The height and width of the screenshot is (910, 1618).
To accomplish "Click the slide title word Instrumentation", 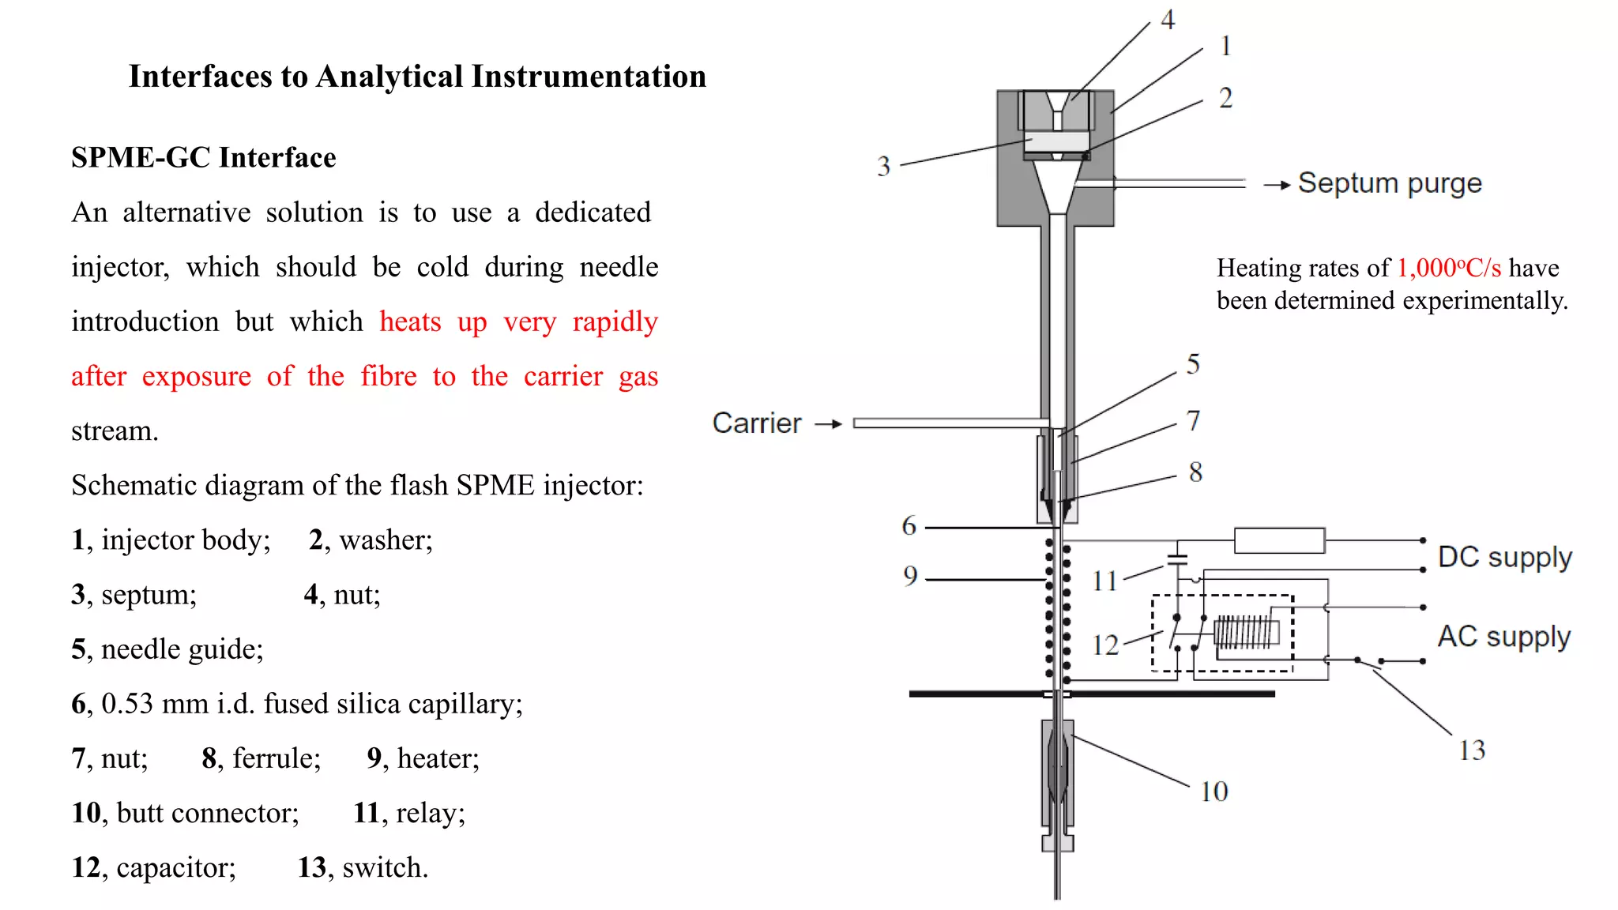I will (x=589, y=77).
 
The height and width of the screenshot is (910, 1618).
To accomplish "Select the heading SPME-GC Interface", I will (x=203, y=157).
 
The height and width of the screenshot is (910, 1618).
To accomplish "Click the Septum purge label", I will (x=1389, y=183).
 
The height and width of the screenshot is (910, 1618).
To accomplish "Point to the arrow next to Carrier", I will (x=829, y=424).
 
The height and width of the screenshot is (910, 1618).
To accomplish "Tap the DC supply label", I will (x=1504, y=557).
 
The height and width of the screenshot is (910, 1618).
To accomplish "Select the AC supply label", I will (x=1503, y=636).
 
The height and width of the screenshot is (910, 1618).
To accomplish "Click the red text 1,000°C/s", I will (x=1448, y=268).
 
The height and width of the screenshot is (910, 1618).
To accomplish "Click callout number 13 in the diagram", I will (x=1471, y=750).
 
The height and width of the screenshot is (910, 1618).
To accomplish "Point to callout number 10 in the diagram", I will (x=1213, y=792).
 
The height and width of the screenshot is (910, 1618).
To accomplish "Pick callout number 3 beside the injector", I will (x=883, y=166).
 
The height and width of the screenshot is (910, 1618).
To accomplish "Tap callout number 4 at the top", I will (x=1168, y=20).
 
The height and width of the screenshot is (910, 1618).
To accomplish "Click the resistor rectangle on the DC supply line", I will (x=1279, y=540).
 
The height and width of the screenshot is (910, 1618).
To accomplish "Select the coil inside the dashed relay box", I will (x=1247, y=633).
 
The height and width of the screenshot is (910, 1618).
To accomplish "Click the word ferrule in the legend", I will (x=277, y=758).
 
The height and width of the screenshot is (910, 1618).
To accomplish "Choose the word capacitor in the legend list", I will (x=175, y=867).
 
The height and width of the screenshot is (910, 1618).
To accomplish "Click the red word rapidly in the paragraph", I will (x=615, y=322).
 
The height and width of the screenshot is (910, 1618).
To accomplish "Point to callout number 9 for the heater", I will (x=910, y=576).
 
